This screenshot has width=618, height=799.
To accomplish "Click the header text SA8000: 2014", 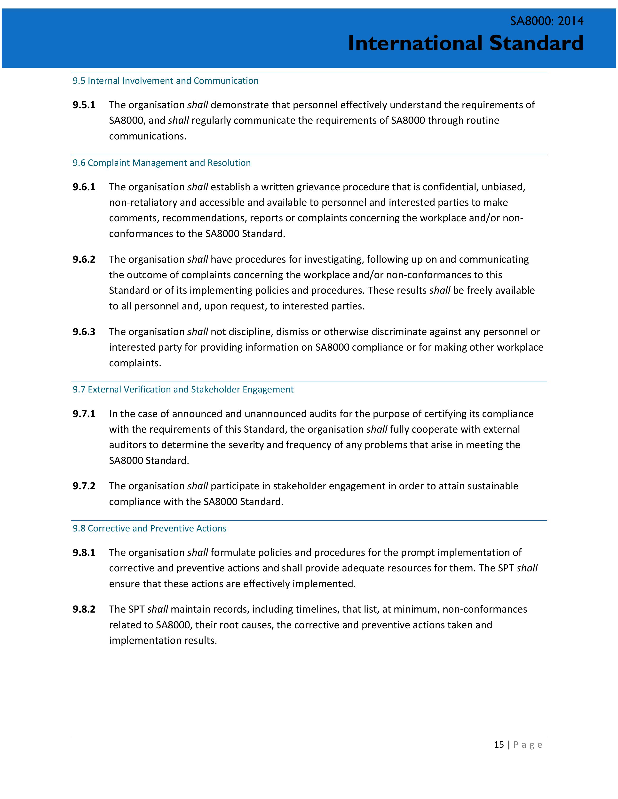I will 547,21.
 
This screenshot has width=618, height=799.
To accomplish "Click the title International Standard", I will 465,43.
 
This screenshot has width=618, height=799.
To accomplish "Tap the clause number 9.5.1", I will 84,105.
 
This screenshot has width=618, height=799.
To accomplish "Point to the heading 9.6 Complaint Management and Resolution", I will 161,163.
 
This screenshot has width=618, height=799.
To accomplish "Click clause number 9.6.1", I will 84,187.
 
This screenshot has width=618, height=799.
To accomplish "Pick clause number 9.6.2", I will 84,259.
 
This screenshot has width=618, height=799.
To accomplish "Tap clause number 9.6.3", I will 84,332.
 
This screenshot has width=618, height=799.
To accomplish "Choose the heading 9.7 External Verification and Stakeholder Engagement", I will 183,390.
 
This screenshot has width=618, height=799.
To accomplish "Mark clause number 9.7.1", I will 84,414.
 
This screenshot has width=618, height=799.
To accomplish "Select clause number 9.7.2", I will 84,486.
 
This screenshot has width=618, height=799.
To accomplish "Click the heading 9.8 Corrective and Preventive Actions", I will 149,528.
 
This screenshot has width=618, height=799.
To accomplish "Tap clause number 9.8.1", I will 84,553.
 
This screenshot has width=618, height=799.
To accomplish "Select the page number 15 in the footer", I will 499,745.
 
